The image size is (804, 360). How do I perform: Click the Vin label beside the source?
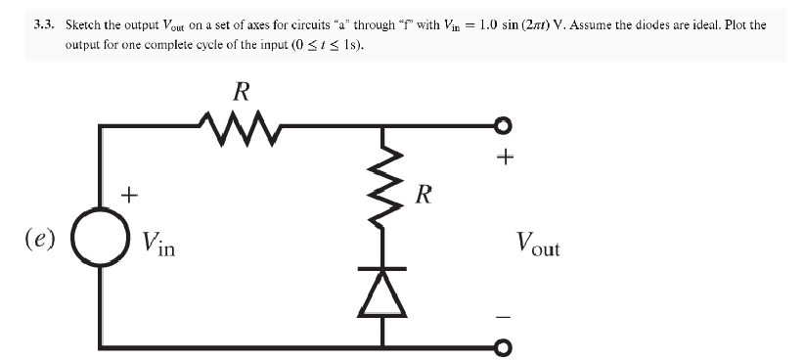[157, 242]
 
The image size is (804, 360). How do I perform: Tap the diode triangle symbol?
[383, 292]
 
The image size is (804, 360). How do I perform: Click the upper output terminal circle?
[504, 125]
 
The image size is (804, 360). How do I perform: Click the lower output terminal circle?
[504, 347]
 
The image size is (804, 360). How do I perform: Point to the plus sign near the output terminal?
[505, 157]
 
